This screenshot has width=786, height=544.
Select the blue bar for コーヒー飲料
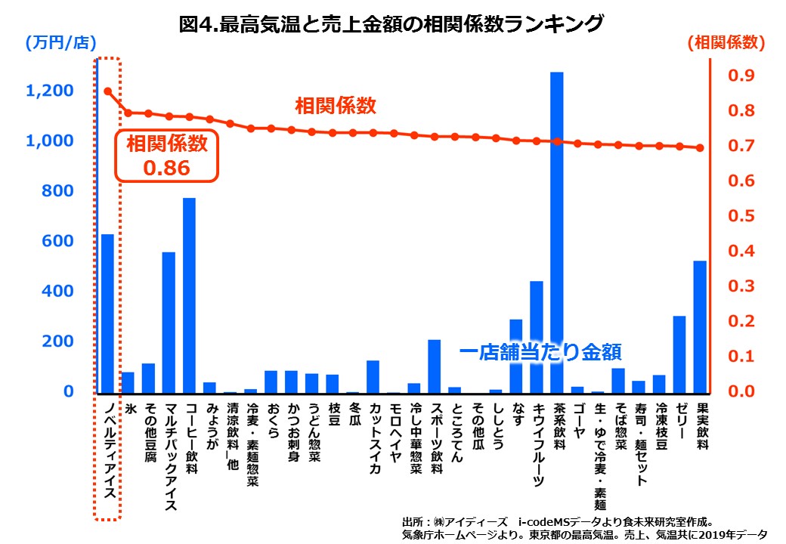190,295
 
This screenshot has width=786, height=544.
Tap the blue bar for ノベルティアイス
108,313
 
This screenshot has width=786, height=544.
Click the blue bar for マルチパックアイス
169,322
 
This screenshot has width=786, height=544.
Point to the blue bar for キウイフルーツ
537,336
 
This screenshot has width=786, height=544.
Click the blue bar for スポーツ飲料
435,366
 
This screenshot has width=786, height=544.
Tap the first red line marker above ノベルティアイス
108,91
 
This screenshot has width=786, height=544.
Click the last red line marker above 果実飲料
701,148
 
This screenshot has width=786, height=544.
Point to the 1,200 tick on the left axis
50,91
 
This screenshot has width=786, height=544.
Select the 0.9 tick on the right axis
740,76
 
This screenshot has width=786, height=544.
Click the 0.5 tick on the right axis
740,216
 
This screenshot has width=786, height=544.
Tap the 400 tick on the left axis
59,291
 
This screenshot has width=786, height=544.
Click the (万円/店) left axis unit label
54,44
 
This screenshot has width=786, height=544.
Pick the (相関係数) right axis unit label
726,44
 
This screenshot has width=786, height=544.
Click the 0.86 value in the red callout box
166,168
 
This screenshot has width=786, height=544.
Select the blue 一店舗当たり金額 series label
545,352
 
